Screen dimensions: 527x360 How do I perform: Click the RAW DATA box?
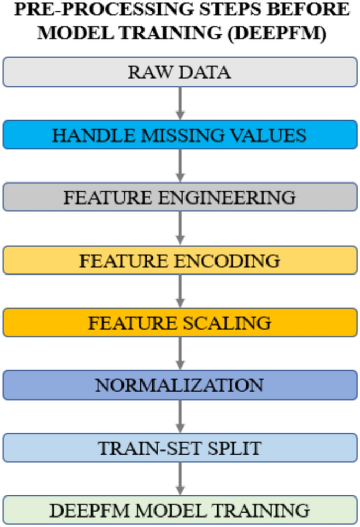[180, 72]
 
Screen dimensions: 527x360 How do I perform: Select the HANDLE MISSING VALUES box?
[180, 135]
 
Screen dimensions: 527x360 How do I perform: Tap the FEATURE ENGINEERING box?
[180, 197]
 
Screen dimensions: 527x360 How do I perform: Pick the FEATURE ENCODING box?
[180, 260]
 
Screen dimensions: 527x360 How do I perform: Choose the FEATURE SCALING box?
[180, 322]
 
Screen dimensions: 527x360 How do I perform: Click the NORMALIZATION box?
[180, 385]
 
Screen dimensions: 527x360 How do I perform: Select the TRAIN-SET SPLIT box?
[180, 448]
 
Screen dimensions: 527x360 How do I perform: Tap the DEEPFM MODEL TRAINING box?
[180, 510]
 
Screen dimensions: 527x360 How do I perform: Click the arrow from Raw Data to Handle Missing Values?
[180, 104]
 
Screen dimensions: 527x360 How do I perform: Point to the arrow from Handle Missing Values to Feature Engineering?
[180, 166]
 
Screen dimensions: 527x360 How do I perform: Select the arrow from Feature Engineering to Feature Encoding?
[180, 229]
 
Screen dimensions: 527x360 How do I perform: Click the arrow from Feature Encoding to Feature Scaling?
[180, 291]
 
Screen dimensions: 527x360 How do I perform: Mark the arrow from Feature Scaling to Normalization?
[180, 354]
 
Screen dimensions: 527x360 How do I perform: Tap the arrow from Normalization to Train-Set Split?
[180, 417]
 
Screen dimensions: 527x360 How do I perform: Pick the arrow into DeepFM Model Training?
[180, 479]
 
